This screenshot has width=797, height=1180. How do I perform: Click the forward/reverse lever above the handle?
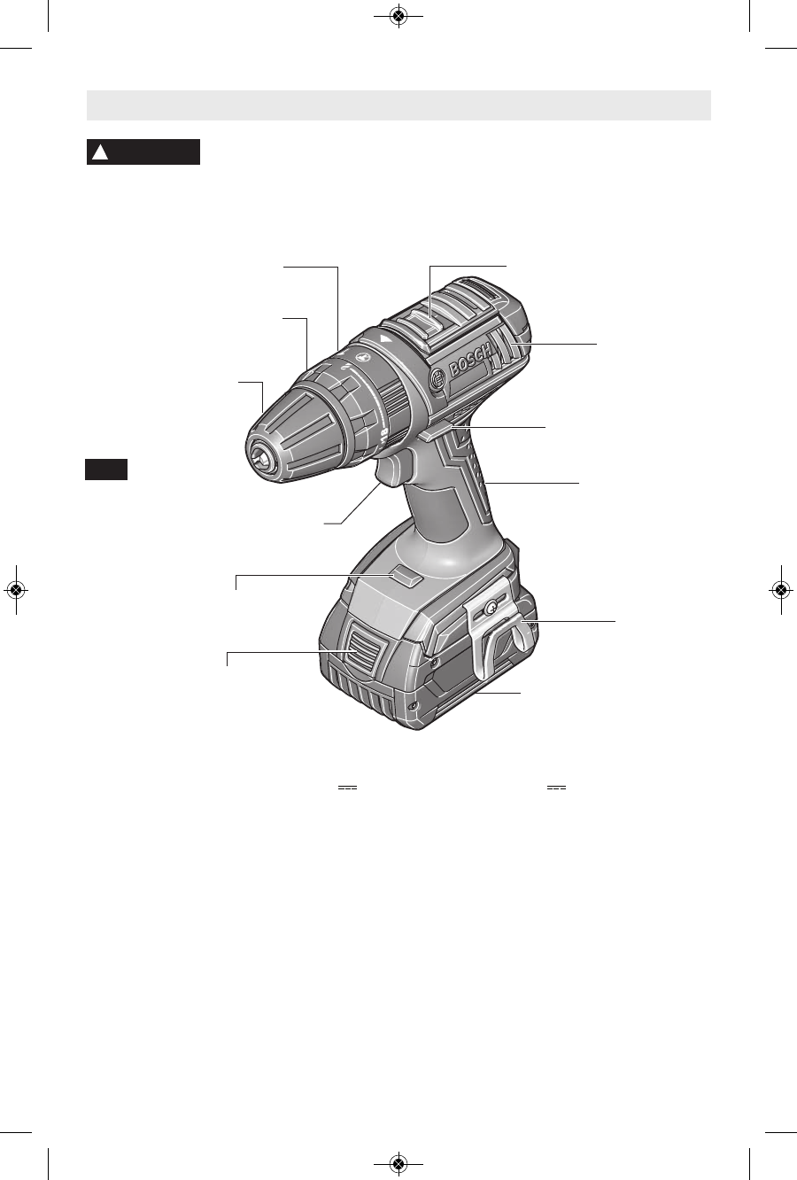click(x=437, y=432)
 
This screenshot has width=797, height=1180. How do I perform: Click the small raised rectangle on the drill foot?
click(x=406, y=578)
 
